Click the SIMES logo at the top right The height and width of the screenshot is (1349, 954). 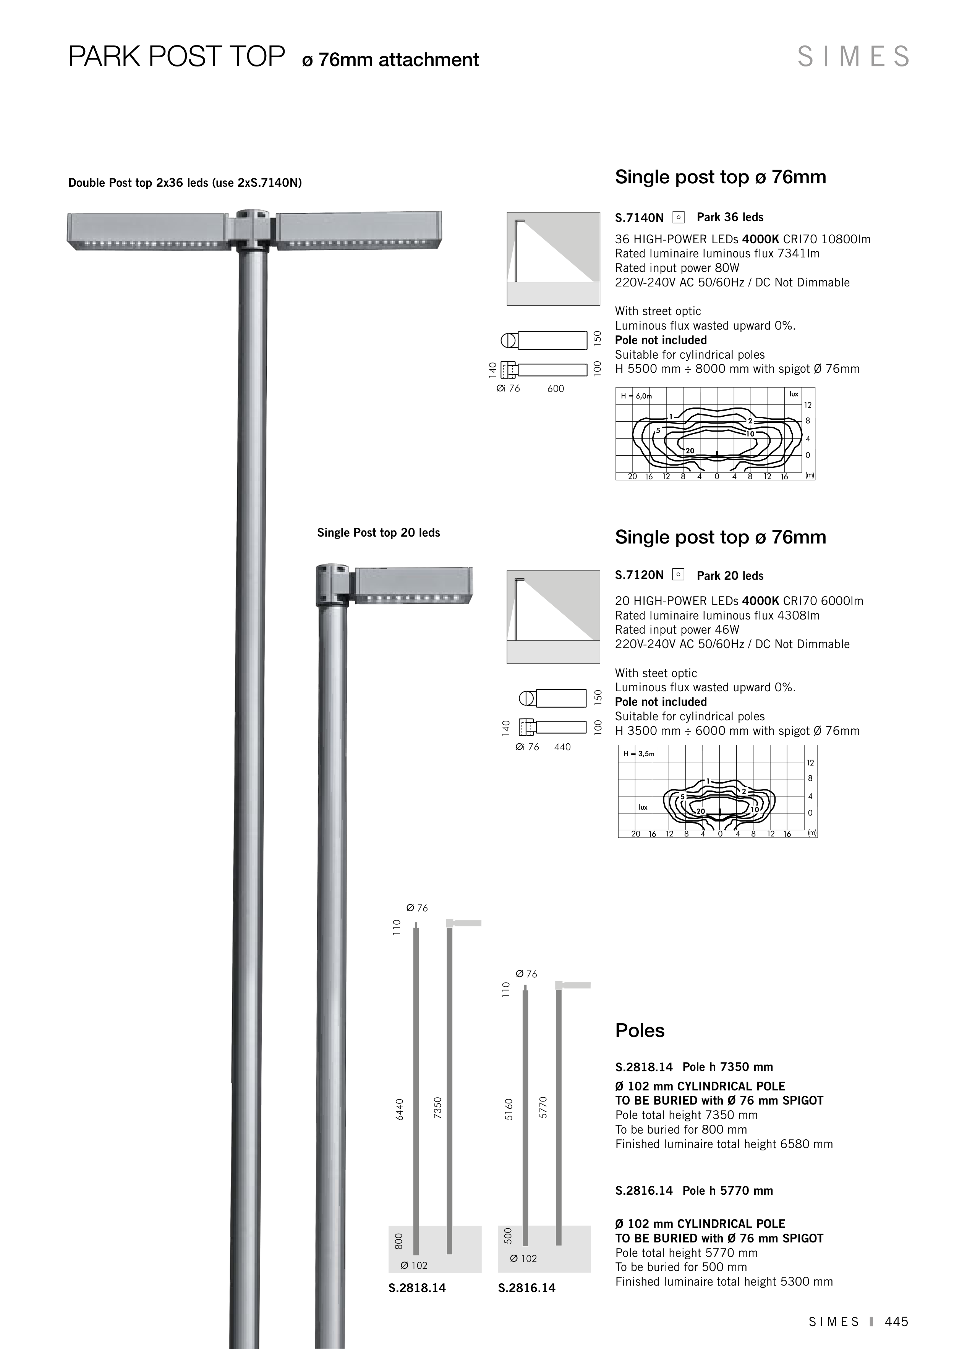[853, 57]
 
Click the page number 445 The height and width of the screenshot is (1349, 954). [896, 1322]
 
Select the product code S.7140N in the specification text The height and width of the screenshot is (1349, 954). [639, 218]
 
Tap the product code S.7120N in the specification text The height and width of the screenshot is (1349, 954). [639, 575]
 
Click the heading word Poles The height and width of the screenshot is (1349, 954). [640, 1030]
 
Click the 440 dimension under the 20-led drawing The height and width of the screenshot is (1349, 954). [562, 747]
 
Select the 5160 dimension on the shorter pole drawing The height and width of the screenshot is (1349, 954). [509, 1109]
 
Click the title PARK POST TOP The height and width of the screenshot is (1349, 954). [177, 57]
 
